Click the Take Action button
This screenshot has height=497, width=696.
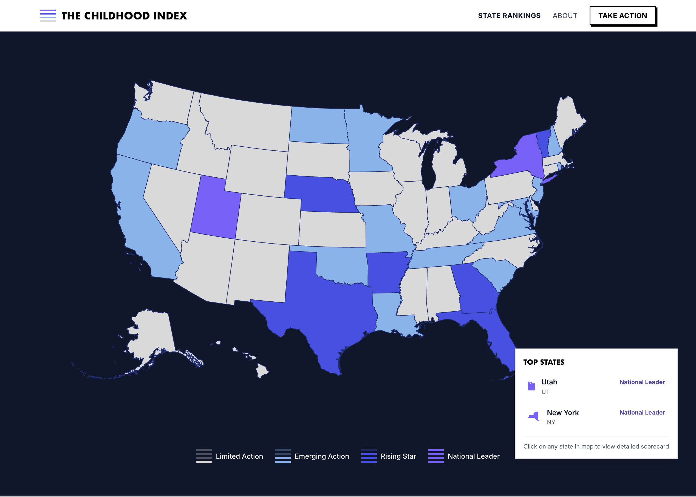[623, 16]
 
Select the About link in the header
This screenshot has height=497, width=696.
[565, 16]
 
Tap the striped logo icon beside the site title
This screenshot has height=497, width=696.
[48, 16]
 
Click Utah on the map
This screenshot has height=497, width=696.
[214, 208]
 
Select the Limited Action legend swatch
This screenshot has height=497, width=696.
[204, 456]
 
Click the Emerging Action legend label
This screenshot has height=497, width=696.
[322, 456]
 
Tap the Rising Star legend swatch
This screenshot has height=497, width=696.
[369, 456]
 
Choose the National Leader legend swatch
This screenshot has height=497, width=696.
[435, 456]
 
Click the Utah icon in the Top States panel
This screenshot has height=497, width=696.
[531, 386]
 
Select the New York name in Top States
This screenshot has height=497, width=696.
[563, 413]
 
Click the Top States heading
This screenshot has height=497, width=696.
[544, 362]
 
